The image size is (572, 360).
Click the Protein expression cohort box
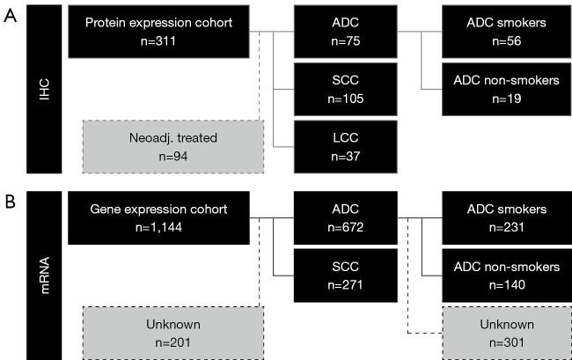tap(158, 31)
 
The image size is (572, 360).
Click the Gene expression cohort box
tap(158, 218)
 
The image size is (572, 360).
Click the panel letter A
tap(10, 17)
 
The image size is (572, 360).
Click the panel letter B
tap(10, 202)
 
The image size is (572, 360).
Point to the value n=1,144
tap(158, 227)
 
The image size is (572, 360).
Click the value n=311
tap(158, 40)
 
